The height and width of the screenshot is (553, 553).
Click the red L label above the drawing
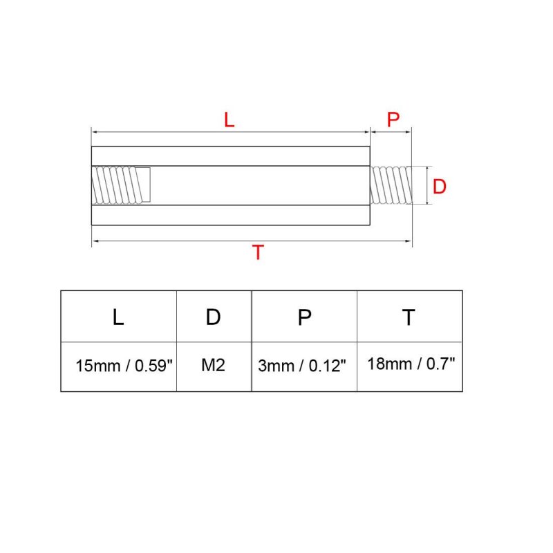229,120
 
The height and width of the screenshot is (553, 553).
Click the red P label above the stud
393,120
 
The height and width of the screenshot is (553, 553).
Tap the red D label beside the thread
439,186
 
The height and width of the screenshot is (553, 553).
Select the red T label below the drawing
258,252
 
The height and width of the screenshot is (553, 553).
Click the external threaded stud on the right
391,185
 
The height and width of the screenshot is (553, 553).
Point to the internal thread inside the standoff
121,185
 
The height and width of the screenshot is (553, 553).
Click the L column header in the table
118,317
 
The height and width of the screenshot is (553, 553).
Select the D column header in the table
213,317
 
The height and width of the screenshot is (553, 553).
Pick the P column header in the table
304,317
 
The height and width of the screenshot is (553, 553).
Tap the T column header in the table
409,317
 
